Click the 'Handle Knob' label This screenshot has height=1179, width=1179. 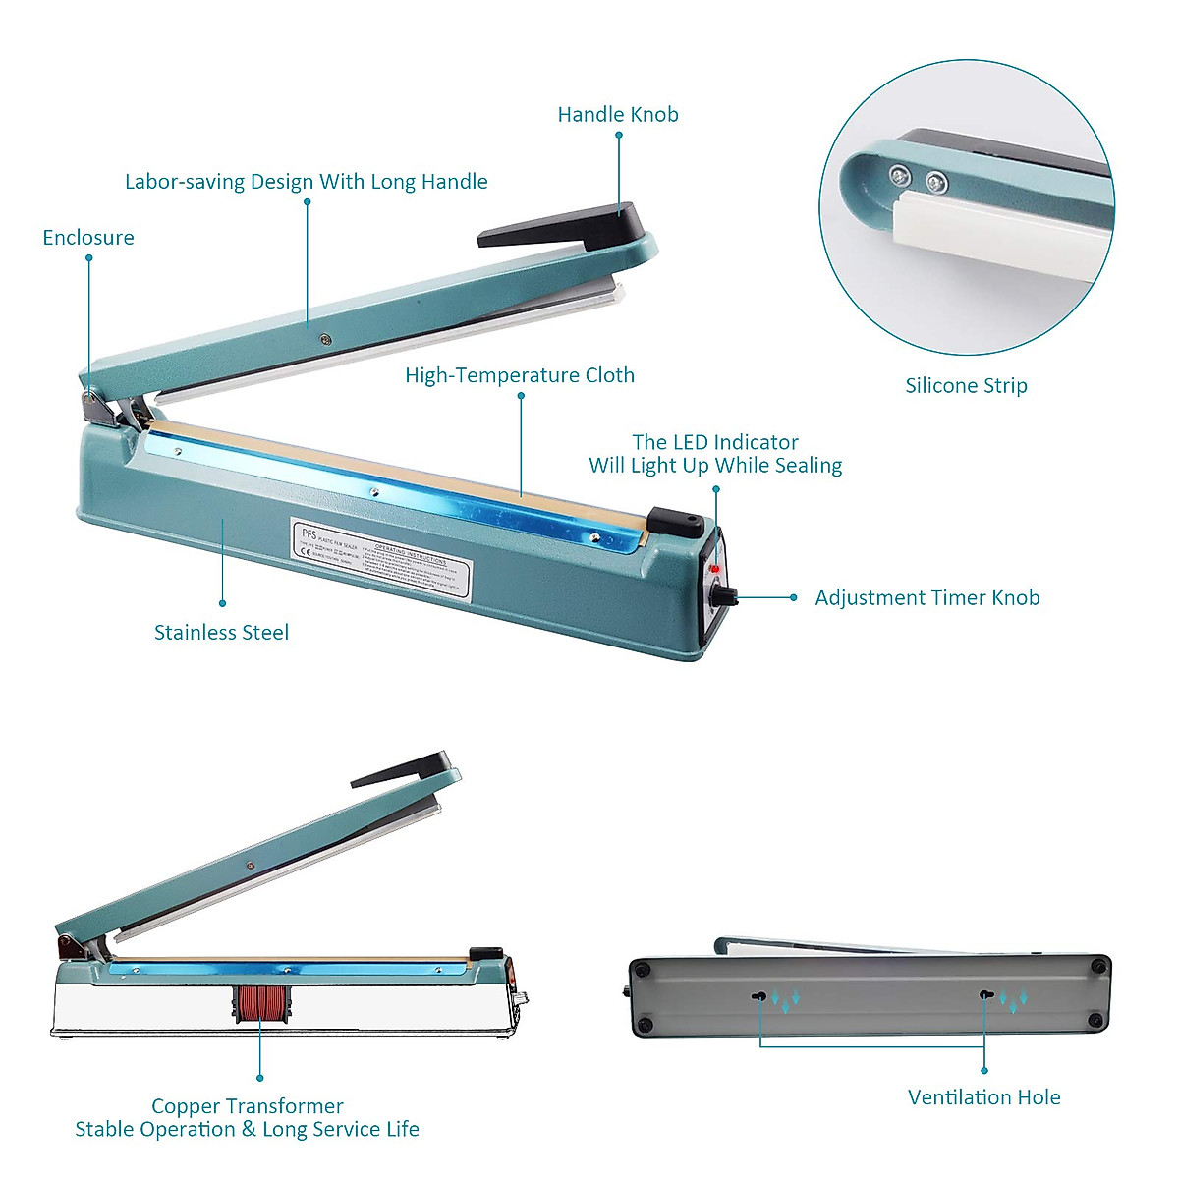(x=618, y=115)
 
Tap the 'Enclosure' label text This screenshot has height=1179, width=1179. (x=88, y=238)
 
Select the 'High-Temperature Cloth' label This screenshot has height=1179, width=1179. (x=520, y=375)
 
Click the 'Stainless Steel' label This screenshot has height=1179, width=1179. (x=222, y=633)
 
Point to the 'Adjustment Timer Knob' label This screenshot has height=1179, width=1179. (x=926, y=598)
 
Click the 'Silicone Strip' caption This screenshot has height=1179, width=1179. (x=966, y=386)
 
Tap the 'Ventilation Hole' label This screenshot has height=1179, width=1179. (x=983, y=1097)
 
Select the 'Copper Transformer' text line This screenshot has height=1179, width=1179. (x=248, y=1106)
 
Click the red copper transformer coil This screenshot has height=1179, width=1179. (x=260, y=1003)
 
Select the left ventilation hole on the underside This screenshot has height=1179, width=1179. (x=759, y=996)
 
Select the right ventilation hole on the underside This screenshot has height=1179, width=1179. (x=984, y=995)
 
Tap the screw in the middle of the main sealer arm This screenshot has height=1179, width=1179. (x=325, y=340)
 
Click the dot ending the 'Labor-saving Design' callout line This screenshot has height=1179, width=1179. (x=308, y=202)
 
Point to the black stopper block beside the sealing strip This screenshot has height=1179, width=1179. (x=676, y=522)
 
